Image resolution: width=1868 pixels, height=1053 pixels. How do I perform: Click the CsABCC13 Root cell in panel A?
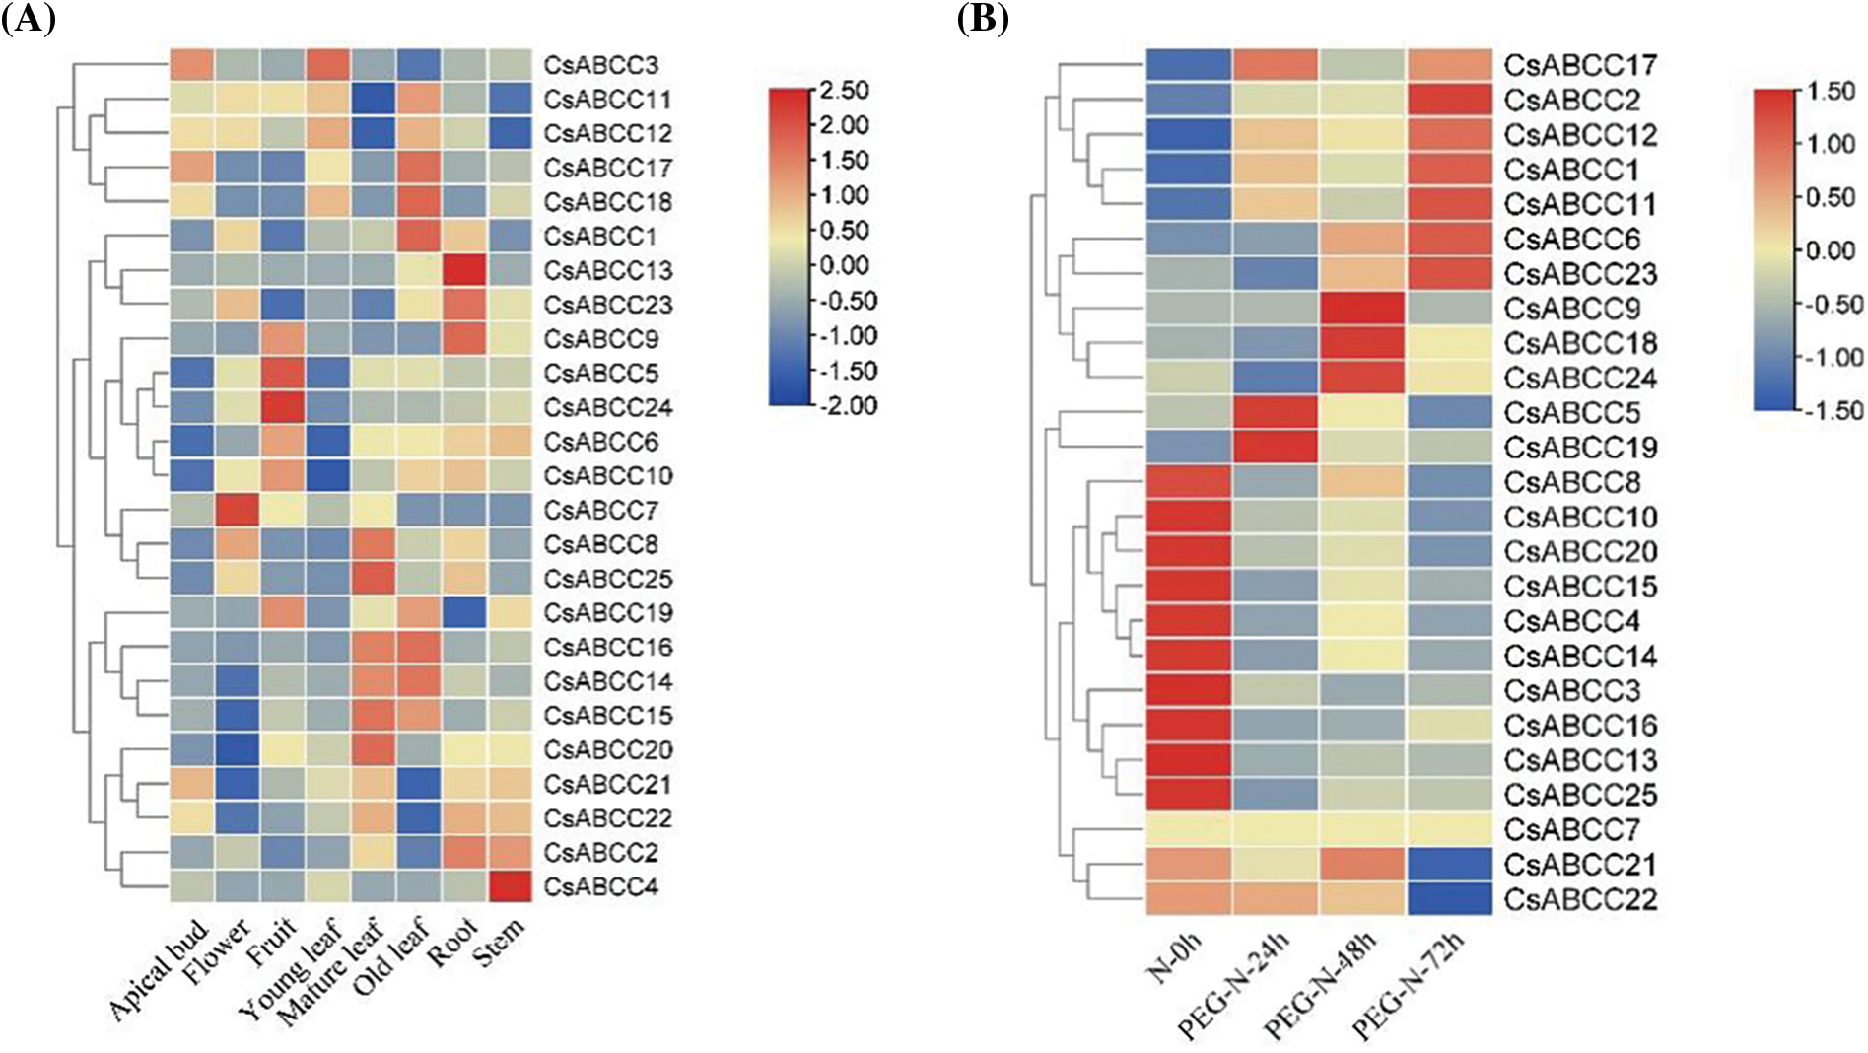click(x=463, y=270)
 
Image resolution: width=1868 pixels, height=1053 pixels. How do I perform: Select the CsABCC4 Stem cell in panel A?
click(x=510, y=886)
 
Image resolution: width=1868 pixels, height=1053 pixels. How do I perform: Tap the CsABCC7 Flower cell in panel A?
click(x=237, y=510)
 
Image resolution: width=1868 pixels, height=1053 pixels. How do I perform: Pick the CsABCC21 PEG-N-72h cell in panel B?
click(x=1450, y=865)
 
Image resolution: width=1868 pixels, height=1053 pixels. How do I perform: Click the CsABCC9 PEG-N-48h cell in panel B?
click(x=1362, y=309)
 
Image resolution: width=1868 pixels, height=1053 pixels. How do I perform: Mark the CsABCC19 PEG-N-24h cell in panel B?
click(x=1276, y=448)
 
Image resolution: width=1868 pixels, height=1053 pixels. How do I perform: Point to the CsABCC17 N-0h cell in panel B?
click(x=1189, y=65)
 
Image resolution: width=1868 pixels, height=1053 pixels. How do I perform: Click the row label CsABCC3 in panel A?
click(x=600, y=66)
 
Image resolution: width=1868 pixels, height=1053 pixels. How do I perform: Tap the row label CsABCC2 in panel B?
click(x=1571, y=101)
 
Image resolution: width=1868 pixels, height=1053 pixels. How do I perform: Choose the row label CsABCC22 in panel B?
click(x=1580, y=899)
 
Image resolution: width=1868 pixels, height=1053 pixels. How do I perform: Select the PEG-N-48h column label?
click(x=1321, y=986)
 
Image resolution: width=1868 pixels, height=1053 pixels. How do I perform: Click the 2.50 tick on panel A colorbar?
click(x=846, y=91)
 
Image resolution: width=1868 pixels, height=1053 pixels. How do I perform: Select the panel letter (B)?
click(x=982, y=20)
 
